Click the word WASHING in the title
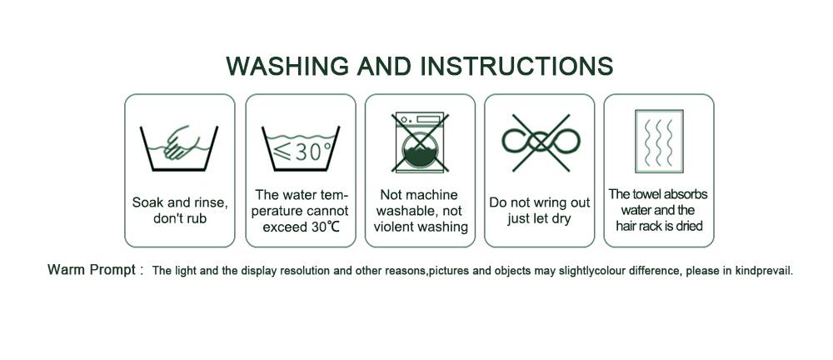pos(287,66)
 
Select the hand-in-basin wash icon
pos(179,148)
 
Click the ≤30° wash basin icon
pos(301,148)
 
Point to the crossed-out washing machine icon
pos(420,142)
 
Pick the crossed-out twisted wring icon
pos(541,142)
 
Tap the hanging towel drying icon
pos(659,142)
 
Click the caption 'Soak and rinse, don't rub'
pos(180,210)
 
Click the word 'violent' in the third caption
pos(394,227)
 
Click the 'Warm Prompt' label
pos(92,270)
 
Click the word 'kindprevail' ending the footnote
pos(764,271)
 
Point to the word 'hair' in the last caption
pos(626,226)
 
